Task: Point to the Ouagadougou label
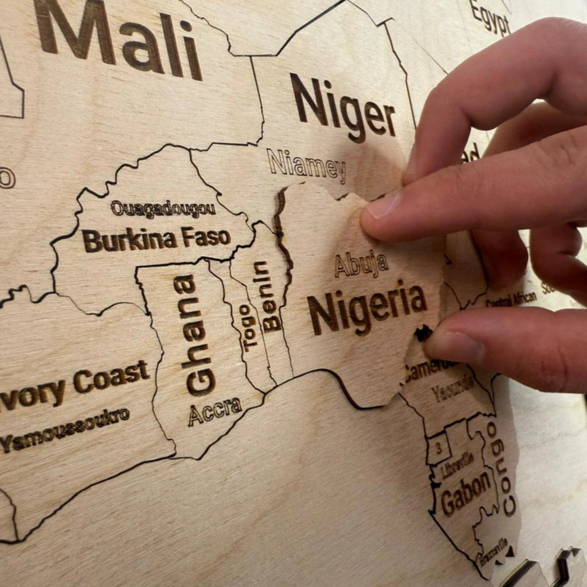(163, 209)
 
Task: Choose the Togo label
(247, 327)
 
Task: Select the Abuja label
(361, 264)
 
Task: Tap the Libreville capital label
(457, 465)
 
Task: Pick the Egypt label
(490, 17)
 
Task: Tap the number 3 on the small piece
(439, 448)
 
